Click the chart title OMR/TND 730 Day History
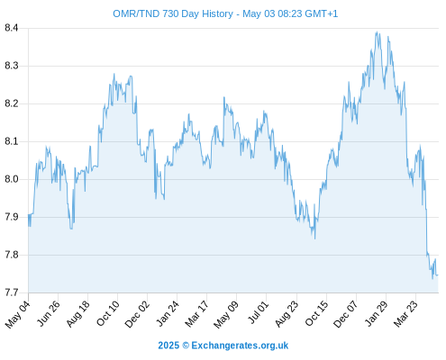pos(173,13)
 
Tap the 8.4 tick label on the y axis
pos(12,28)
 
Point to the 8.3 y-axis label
pos(12,66)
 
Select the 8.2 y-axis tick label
pos(12,103)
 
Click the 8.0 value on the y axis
pos(12,179)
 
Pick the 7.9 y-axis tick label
pos(12,217)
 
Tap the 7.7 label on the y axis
pos(12,292)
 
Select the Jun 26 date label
pos(48,313)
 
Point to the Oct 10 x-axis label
pos(107,313)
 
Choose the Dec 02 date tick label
pos(137,313)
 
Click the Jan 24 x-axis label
pos(167,313)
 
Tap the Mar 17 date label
pos(196,313)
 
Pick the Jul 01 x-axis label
pos(257,312)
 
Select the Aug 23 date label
pos(287,313)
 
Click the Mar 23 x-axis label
pos(405,313)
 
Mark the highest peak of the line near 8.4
pos(377,31)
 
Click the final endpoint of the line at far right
pos(438,274)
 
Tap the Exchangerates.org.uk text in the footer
pos(240,346)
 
